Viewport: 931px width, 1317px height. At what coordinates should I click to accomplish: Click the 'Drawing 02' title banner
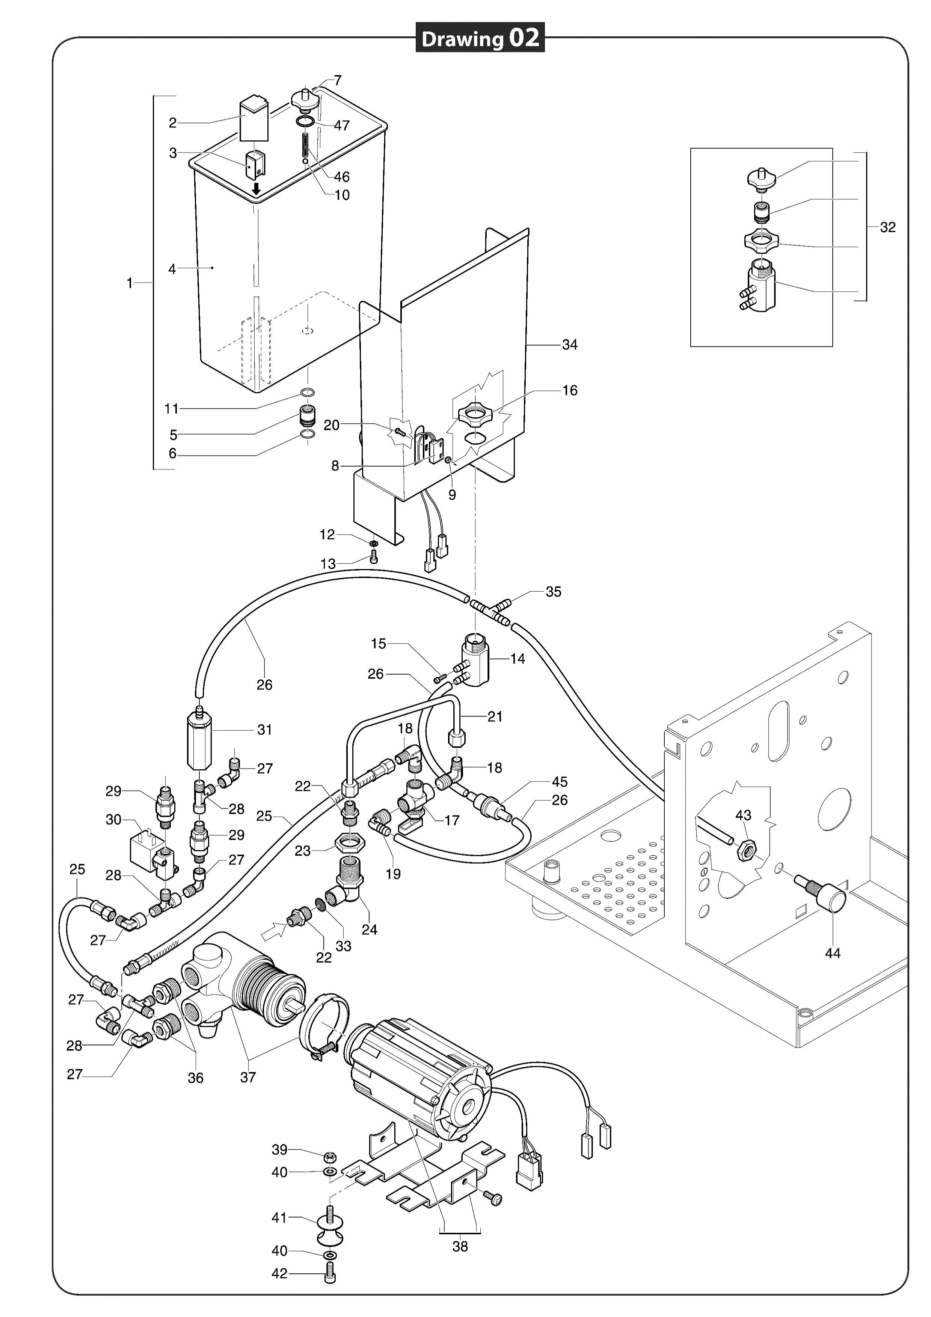[480, 38]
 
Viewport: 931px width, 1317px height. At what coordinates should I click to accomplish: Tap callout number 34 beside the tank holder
[569, 345]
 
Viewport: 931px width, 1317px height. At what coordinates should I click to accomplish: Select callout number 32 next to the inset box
[887, 227]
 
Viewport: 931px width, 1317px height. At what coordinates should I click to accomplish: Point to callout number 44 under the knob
[832, 953]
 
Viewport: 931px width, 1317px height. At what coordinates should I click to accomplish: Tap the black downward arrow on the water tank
[257, 188]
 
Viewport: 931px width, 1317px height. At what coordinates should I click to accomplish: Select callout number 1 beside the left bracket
[130, 283]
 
